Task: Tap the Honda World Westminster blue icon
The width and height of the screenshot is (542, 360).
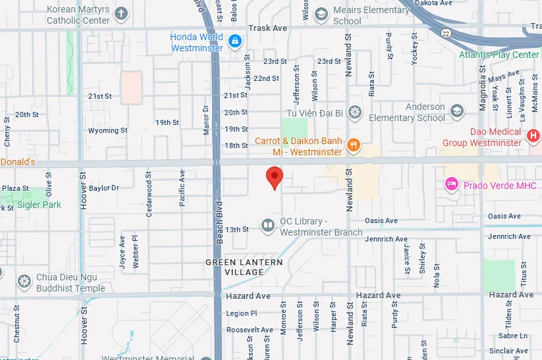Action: pos(234,42)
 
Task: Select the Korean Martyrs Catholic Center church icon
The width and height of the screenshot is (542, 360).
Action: pos(121,14)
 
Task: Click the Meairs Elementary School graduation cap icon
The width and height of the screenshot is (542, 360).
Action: pos(321,14)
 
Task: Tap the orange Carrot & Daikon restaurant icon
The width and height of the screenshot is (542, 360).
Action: pos(354,145)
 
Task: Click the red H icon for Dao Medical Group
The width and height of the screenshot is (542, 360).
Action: pos(534,136)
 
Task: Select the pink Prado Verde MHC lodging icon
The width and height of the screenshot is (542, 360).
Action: pos(452,185)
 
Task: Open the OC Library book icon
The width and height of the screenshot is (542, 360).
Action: pos(267,226)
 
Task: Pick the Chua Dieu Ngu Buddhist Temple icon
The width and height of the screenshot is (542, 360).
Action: pos(25,282)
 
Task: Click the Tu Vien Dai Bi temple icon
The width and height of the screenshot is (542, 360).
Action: pos(355,113)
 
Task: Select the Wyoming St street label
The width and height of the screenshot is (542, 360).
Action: pos(107,130)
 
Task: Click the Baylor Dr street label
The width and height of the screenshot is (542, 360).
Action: pos(104,188)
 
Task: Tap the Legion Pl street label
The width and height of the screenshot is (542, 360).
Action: pos(241,314)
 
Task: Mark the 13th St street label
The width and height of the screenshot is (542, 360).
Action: pos(237,229)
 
